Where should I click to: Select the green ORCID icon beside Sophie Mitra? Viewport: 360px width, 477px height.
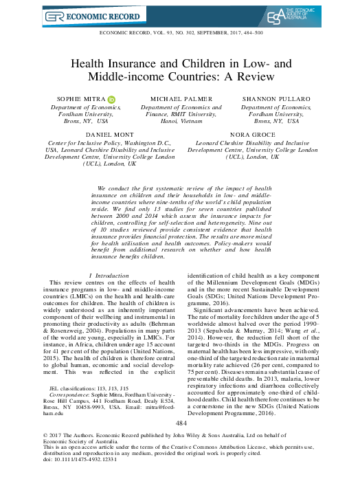(x=111, y=100)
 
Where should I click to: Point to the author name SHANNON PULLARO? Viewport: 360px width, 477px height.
(x=275, y=100)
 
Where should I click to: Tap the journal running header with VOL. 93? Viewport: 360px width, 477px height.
(x=180, y=34)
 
